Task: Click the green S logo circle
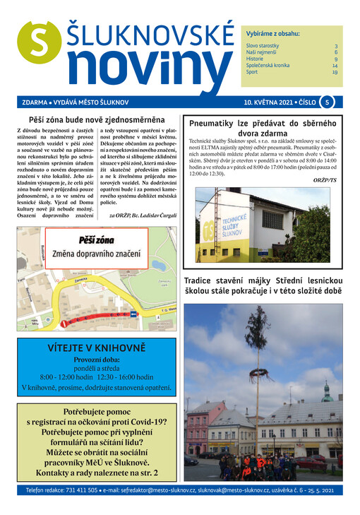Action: [37, 44]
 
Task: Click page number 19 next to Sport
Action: [335, 72]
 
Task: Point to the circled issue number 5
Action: [327, 102]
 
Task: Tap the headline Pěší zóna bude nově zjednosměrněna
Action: [97, 120]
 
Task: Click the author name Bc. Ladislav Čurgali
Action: [150, 214]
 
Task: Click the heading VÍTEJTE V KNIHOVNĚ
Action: [96, 348]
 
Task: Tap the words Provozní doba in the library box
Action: [96, 360]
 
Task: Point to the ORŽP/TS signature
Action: [325, 180]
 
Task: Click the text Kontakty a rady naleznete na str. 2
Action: [96, 473]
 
